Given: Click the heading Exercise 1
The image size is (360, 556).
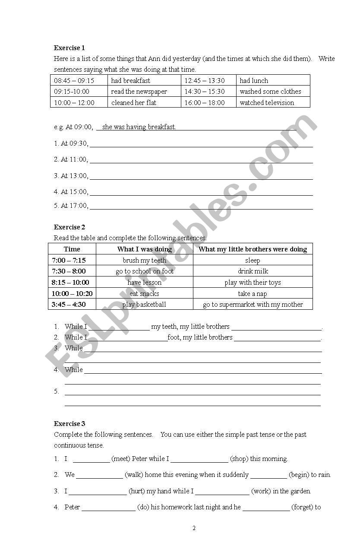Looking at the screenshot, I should [69, 48].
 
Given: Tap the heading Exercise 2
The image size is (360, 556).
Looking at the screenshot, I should [69, 227].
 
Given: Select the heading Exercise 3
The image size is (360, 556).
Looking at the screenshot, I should [69, 423].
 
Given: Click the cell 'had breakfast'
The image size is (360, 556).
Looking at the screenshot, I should [130, 80].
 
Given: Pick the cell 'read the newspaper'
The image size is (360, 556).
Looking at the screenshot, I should [139, 92].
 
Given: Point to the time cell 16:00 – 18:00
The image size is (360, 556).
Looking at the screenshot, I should [205, 103].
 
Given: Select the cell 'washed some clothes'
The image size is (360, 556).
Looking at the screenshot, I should [270, 92].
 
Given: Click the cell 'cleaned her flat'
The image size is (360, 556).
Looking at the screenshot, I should [133, 103].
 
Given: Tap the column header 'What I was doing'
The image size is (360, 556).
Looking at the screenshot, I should [144, 249].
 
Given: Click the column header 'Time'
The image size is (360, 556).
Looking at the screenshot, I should [72, 249].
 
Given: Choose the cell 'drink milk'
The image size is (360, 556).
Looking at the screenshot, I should [253, 271].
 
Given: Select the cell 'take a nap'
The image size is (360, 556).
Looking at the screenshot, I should [253, 294].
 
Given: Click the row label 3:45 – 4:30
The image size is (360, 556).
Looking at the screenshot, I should [68, 305].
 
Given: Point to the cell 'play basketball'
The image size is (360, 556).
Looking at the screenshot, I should [144, 305].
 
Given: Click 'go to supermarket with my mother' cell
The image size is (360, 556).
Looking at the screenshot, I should [253, 305].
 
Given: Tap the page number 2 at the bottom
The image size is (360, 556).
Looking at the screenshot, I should [194, 528].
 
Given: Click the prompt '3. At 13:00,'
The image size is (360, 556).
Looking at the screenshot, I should [71, 176].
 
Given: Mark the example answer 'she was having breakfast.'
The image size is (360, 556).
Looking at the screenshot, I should [139, 127].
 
